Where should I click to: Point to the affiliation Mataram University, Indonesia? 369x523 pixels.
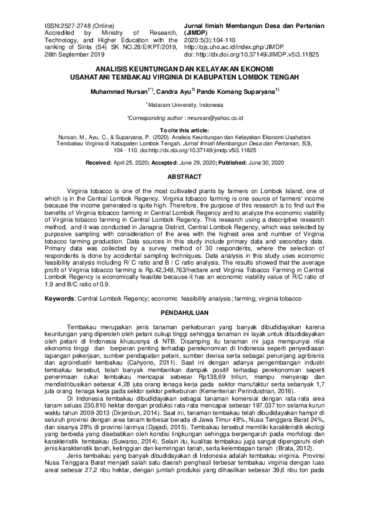coord(184,105)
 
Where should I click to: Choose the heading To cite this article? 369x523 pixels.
coord(184,129)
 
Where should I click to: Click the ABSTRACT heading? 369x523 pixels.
coord(184,177)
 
